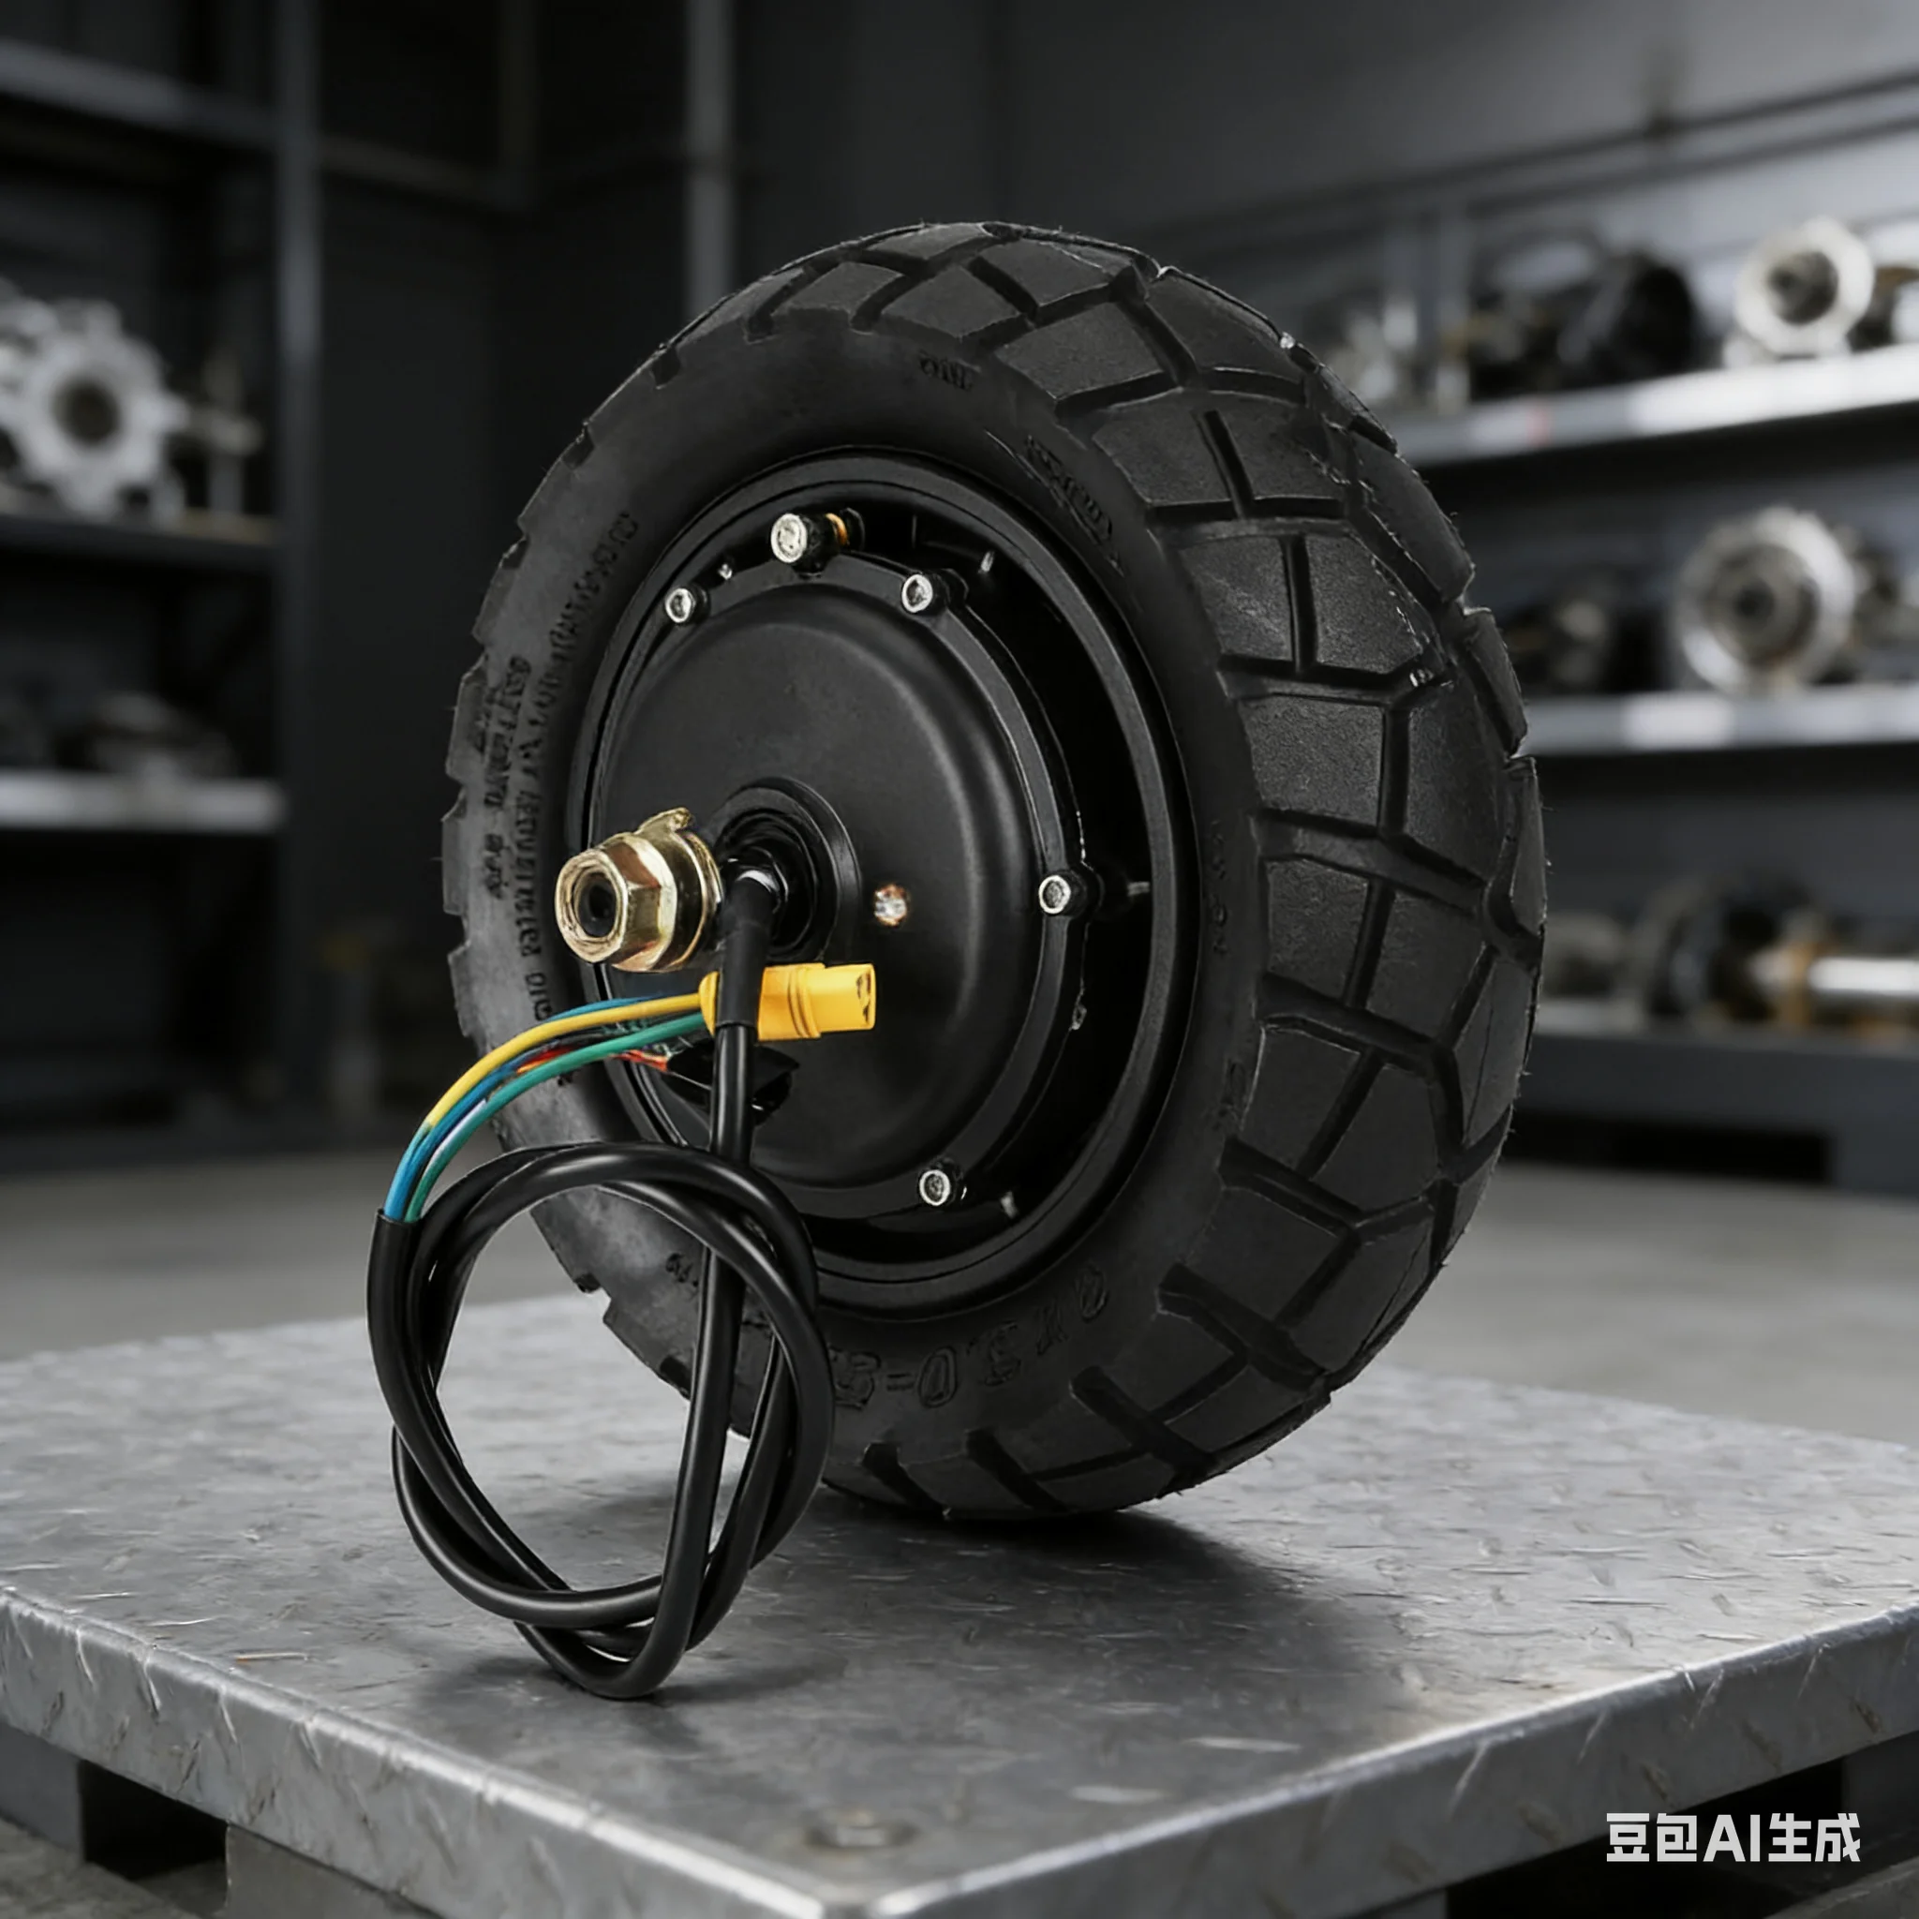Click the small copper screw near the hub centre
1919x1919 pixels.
pyautogui.click(x=890, y=904)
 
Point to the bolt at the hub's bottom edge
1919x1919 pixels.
pyautogui.click(x=936, y=1185)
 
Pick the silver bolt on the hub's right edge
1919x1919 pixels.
pyautogui.click(x=1055, y=893)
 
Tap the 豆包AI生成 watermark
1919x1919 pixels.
pyautogui.click(x=1733, y=1837)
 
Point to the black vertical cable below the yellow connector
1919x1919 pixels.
pyautogui.click(x=730, y=1093)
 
